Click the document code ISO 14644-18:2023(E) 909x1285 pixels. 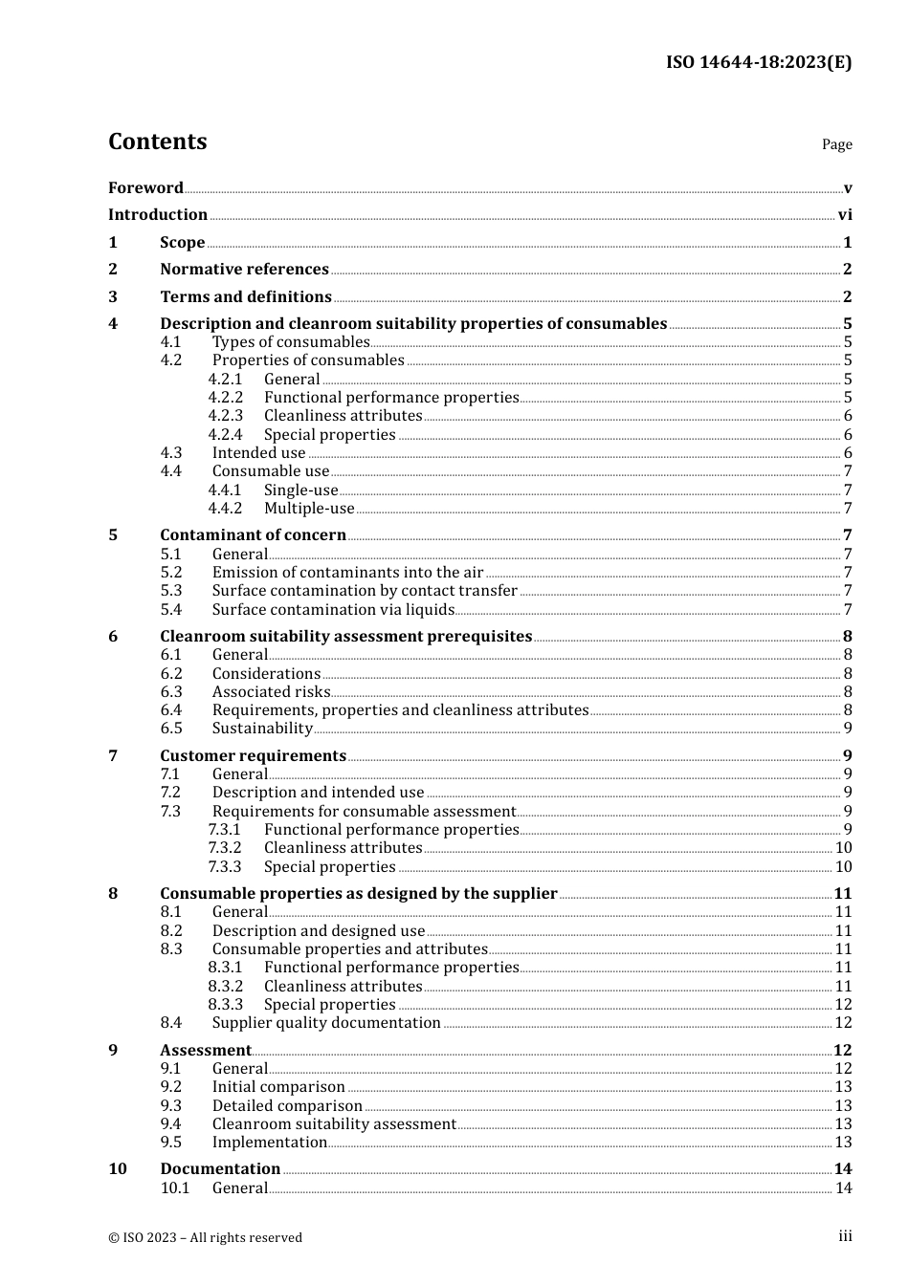coord(758,62)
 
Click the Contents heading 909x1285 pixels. coord(157,142)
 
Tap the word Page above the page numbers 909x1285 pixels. coord(836,144)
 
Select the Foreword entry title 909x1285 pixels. coord(145,188)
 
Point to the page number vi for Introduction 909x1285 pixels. coord(845,215)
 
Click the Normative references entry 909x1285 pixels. coord(244,270)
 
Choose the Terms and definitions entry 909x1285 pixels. coord(246,297)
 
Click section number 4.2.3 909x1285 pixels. coord(226,416)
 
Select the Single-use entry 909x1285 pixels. coord(300,490)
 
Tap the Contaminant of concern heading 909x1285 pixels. coord(253,535)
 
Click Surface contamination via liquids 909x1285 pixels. coord(333,610)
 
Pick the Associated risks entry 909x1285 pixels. coord(271,692)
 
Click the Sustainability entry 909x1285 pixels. coord(262,729)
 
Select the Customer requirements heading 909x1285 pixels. coord(253,756)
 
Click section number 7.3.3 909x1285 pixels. coord(225,867)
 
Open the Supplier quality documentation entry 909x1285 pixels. coord(326,1023)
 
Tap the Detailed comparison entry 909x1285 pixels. coord(287,1106)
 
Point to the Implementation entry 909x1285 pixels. coord(270,1143)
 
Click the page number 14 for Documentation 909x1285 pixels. coord(843,1169)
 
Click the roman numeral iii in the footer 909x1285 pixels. coord(845,1236)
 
